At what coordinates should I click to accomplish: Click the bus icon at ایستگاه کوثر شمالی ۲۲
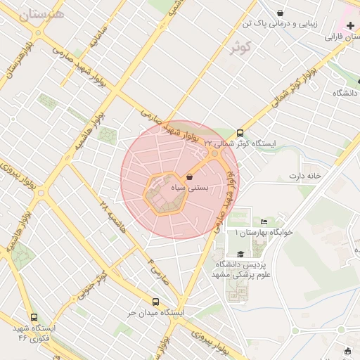tap(240, 132)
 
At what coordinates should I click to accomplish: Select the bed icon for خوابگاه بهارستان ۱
tap(264, 222)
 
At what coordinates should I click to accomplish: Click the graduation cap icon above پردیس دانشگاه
tap(241, 254)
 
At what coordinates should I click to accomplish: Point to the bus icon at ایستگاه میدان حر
tap(156, 302)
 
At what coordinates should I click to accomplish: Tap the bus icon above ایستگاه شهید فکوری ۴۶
tap(34, 317)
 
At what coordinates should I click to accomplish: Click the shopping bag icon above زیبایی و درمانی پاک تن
tap(281, 13)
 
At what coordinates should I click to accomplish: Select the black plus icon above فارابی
tap(349, 25)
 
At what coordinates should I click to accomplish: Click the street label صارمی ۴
tap(159, 271)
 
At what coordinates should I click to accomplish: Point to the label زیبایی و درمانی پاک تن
tap(281, 23)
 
